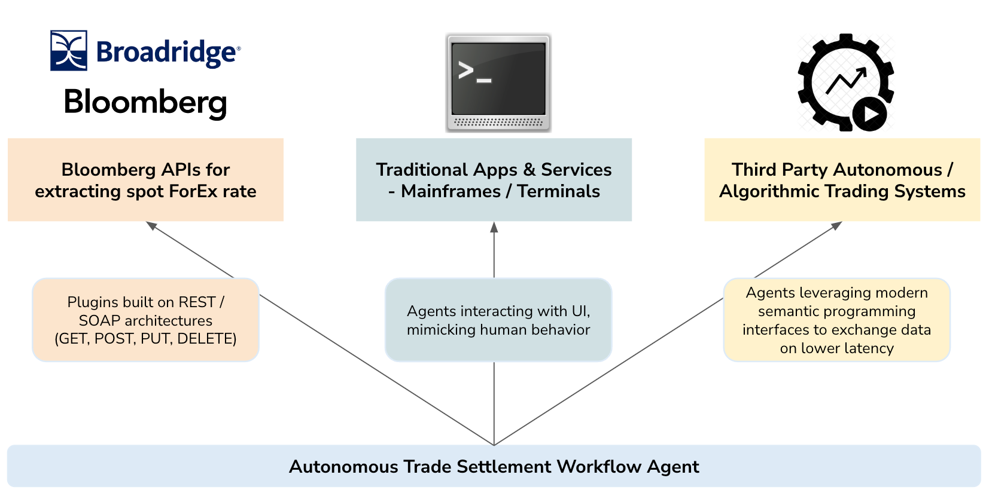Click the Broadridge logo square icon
click(x=69, y=51)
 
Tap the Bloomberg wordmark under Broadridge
click(x=145, y=102)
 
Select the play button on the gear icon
click(x=869, y=114)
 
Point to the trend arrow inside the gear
click(x=846, y=81)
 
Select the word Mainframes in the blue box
click(x=451, y=192)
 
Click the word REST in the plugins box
click(x=196, y=302)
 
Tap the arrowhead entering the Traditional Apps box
click(x=494, y=227)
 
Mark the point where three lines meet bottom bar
click(x=494, y=445)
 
